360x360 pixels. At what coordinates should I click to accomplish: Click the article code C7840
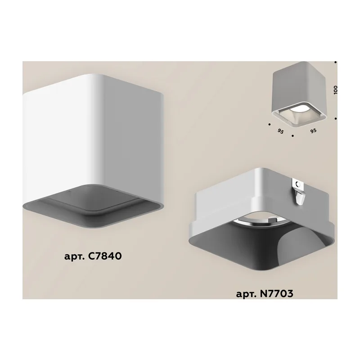pos(105,256)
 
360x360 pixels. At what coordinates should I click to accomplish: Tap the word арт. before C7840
pos(74,256)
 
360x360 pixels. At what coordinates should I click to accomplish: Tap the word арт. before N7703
pos(246,294)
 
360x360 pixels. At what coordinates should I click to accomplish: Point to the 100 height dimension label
pos(335,90)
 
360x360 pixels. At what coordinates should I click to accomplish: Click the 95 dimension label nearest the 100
pos(313,130)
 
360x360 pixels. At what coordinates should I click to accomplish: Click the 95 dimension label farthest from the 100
pos(280,131)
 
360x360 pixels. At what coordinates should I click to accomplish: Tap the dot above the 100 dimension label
pos(335,62)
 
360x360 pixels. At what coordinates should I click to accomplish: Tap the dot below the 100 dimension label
pos(335,119)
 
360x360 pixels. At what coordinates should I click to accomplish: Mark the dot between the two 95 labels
pos(292,136)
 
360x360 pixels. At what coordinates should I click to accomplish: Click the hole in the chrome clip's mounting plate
pos(298,184)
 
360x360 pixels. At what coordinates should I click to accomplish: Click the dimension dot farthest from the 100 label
pos(269,124)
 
